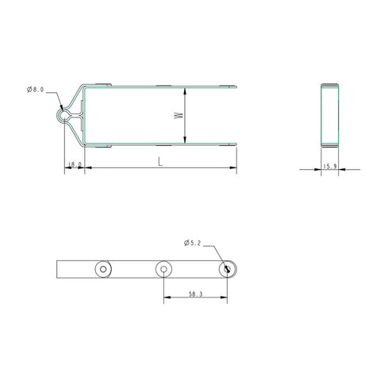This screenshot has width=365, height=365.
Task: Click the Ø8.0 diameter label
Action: point(36,90)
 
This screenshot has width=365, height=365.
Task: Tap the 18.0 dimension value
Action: point(75,164)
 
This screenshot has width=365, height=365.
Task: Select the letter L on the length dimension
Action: point(160,162)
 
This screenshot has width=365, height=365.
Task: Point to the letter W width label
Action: point(179,115)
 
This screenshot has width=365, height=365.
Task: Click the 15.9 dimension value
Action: point(329,167)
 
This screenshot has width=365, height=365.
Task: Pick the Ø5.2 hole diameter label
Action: point(192,243)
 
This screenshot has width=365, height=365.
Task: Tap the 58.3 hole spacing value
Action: point(196,294)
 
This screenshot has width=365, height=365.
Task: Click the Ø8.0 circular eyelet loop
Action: point(63,115)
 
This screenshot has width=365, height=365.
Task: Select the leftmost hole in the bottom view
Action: point(103,269)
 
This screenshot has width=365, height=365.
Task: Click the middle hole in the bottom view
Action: point(163,269)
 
